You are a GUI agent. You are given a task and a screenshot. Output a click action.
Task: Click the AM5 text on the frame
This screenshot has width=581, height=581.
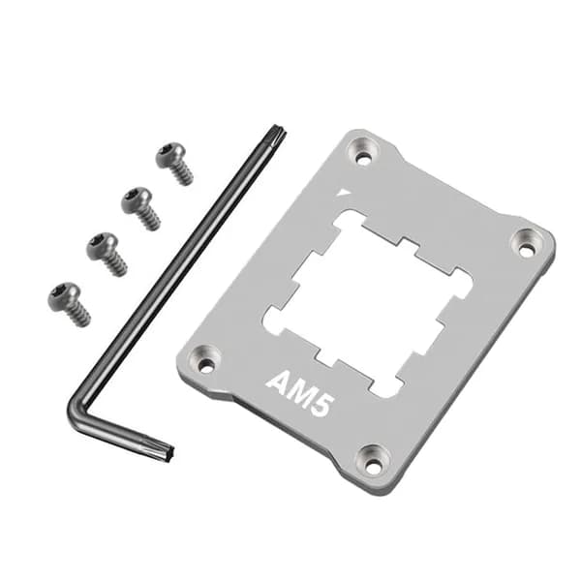298,395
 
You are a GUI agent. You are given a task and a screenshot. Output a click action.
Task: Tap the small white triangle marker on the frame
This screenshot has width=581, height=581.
345,193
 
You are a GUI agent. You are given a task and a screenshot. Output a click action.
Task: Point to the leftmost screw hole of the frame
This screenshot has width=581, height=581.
203,358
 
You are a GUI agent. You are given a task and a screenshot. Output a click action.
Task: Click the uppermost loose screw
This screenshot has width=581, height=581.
173,163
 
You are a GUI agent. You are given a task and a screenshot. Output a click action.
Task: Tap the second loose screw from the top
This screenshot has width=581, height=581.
140,208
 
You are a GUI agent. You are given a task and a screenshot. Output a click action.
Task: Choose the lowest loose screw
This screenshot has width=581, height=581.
69,304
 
